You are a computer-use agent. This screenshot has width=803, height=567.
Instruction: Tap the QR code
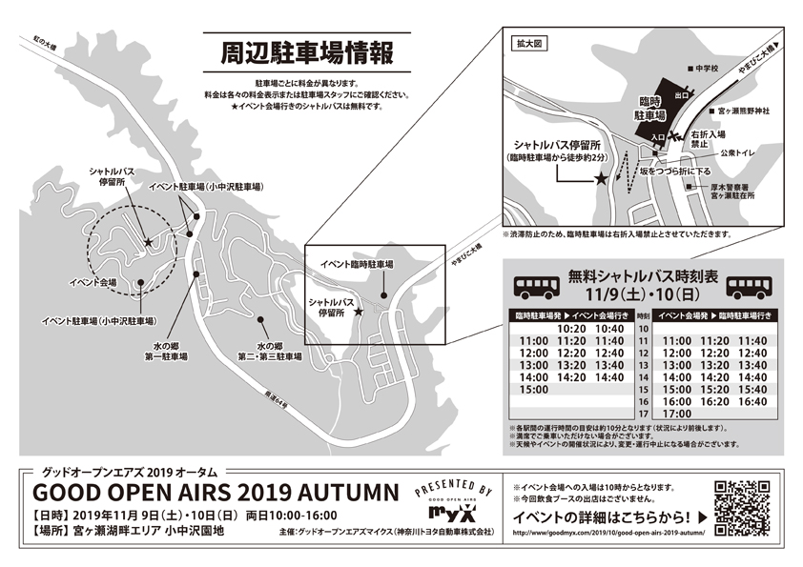[740, 504]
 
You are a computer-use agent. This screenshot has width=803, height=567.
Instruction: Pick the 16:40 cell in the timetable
[752, 401]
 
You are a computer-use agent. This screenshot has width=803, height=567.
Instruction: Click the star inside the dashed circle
[149, 243]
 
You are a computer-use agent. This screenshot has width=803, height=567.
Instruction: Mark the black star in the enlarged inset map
[601, 178]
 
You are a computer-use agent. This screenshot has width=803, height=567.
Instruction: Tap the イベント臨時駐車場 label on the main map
[357, 263]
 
